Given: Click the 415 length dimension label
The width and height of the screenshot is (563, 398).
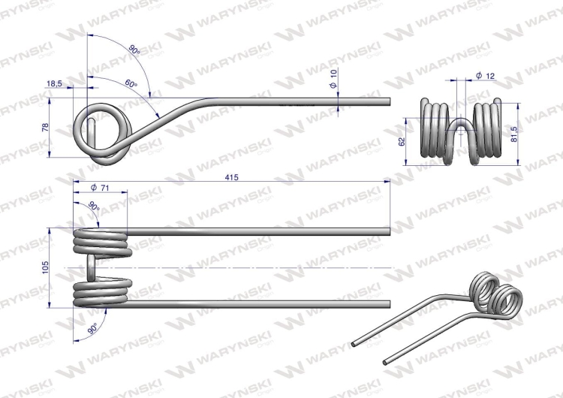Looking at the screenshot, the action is [x=232, y=177].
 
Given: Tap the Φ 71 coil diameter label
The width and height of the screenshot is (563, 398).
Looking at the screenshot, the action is [x=100, y=188].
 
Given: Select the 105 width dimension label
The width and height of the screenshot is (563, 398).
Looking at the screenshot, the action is [x=45, y=267].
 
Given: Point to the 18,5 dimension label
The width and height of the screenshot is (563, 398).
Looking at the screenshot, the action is [x=54, y=83].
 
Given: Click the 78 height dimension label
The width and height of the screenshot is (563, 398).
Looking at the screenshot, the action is [x=45, y=127].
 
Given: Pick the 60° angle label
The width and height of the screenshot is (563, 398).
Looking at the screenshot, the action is [x=131, y=83].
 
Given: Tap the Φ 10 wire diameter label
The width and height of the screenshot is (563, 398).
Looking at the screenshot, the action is [x=333, y=79].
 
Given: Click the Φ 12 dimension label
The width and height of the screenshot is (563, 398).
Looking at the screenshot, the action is [x=485, y=76].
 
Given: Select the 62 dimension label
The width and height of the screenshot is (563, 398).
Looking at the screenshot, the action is [x=402, y=141].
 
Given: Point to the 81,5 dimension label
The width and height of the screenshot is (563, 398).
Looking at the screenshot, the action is [x=514, y=134].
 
